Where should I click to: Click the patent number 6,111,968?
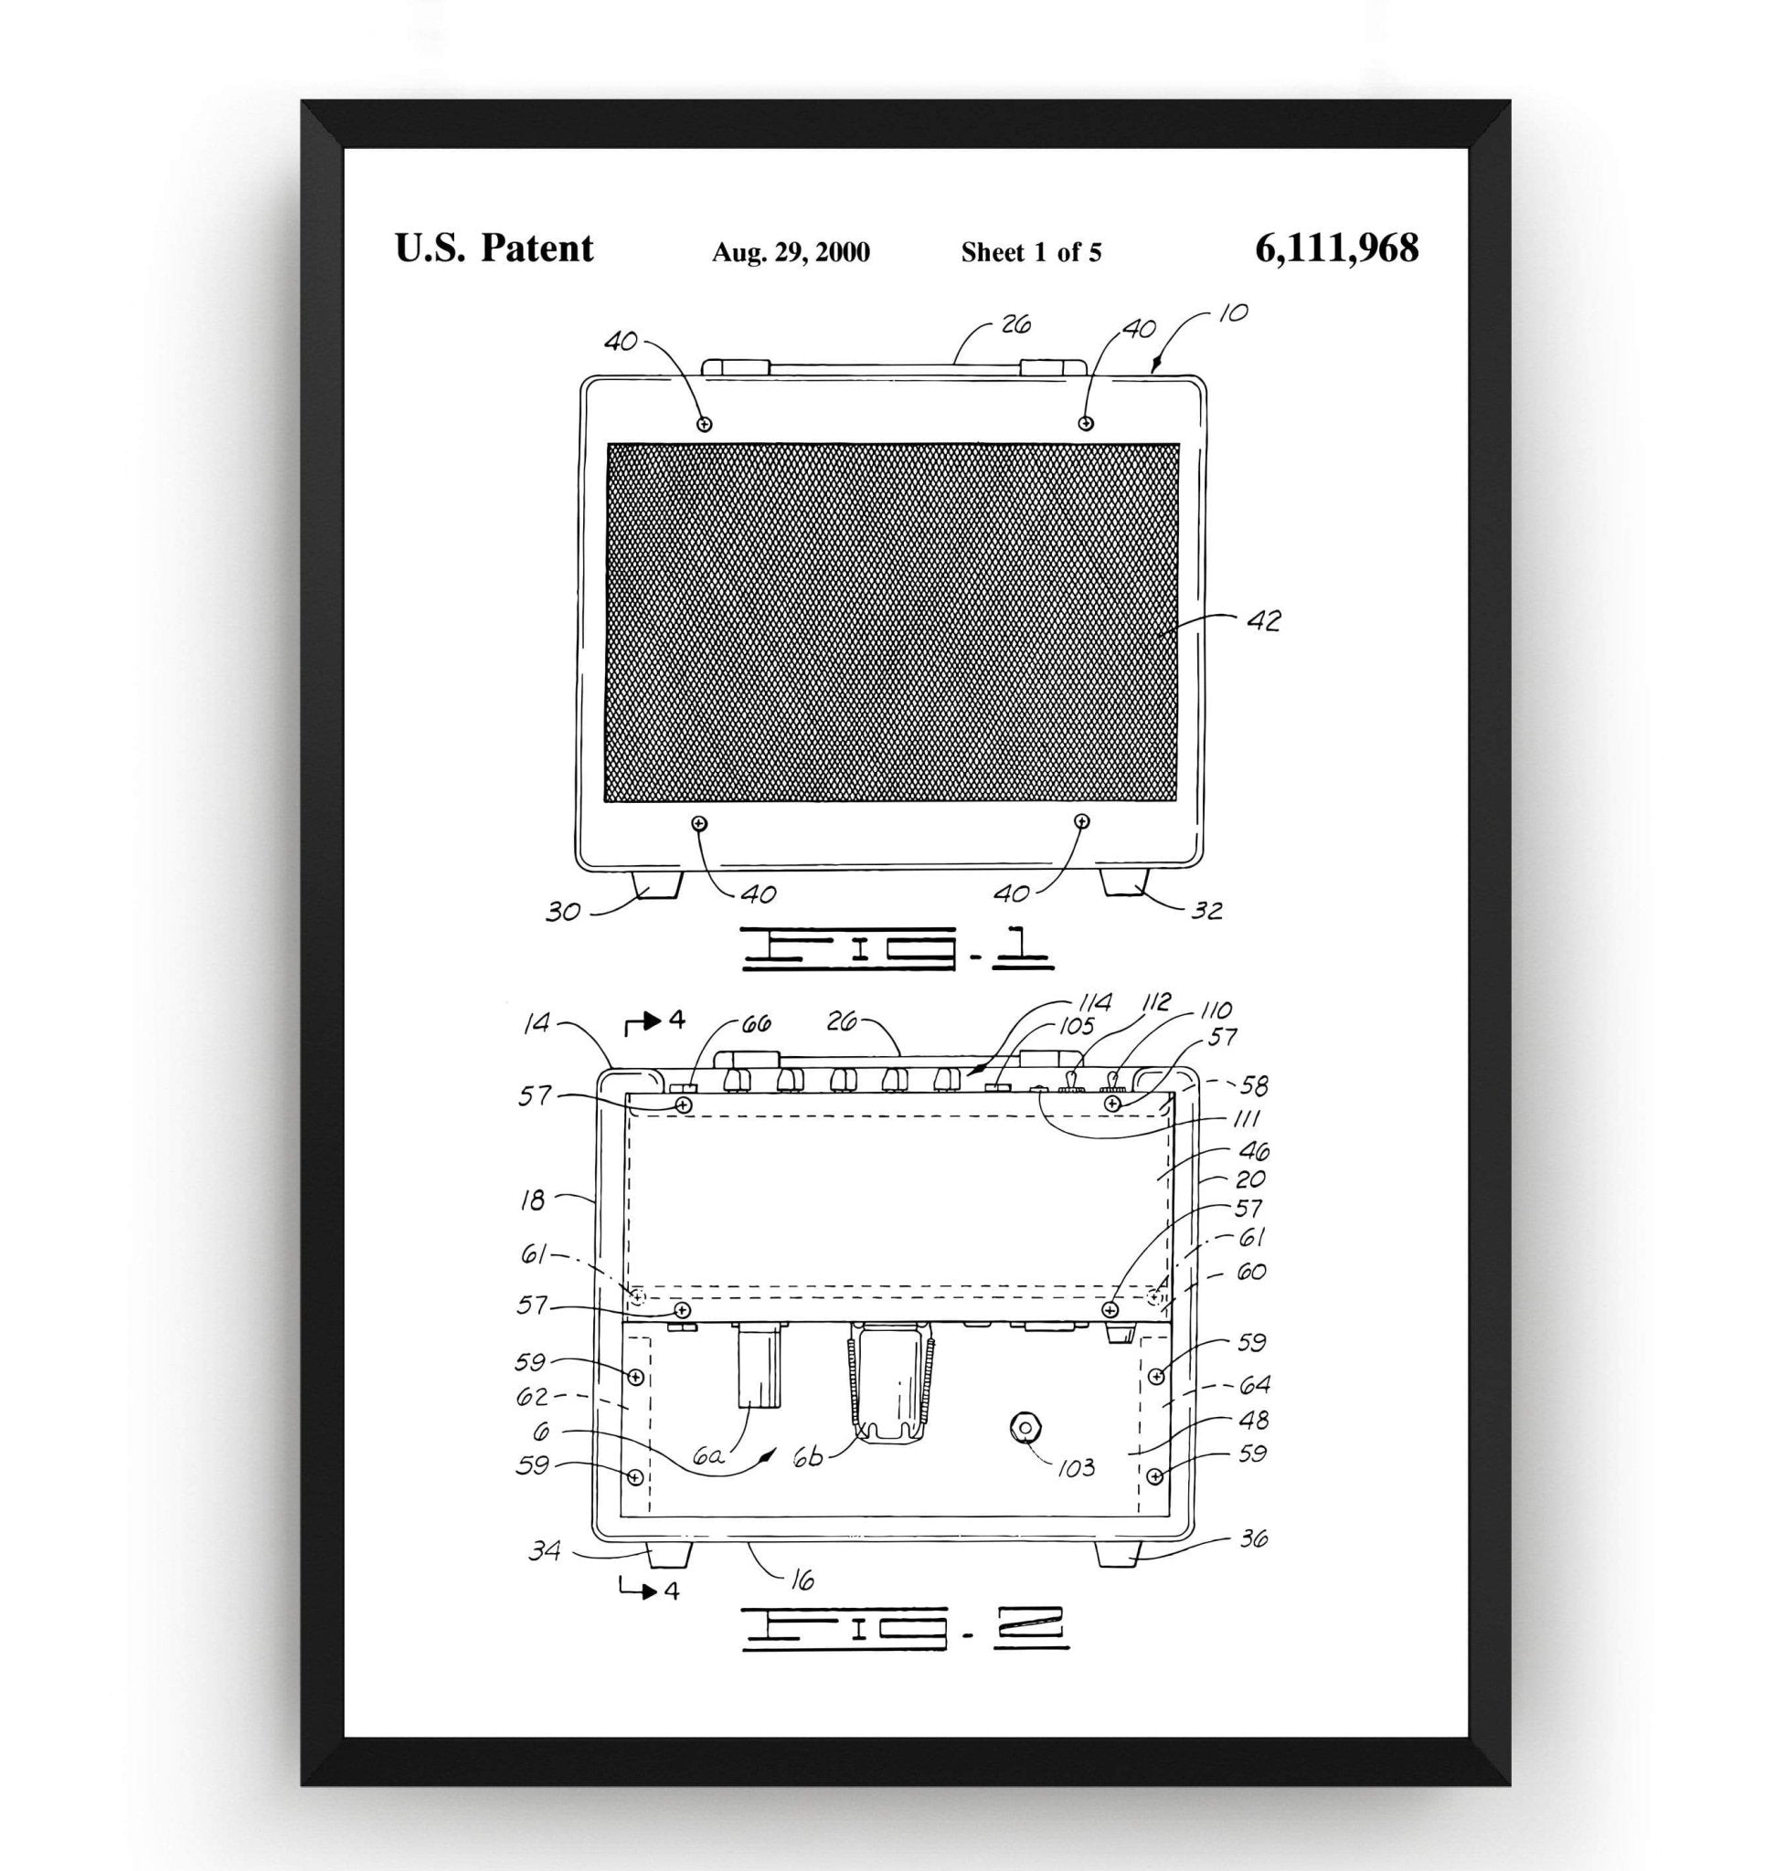[x=1336, y=248]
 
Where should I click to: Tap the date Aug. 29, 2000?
[x=791, y=252]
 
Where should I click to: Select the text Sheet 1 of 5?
[x=1031, y=252]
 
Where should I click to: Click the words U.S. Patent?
[x=494, y=248]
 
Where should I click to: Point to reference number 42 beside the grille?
[x=1263, y=621]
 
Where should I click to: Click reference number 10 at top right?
[x=1233, y=313]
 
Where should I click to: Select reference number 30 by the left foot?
[x=563, y=913]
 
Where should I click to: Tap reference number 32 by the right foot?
[x=1207, y=911]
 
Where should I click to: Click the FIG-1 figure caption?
[x=897, y=948]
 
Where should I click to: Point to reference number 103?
[x=1076, y=1467]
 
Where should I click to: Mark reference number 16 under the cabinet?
[x=801, y=1580]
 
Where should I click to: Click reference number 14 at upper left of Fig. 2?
[x=536, y=1023]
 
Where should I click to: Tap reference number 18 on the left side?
[x=534, y=1200]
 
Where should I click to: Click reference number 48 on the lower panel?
[x=1253, y=1421]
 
